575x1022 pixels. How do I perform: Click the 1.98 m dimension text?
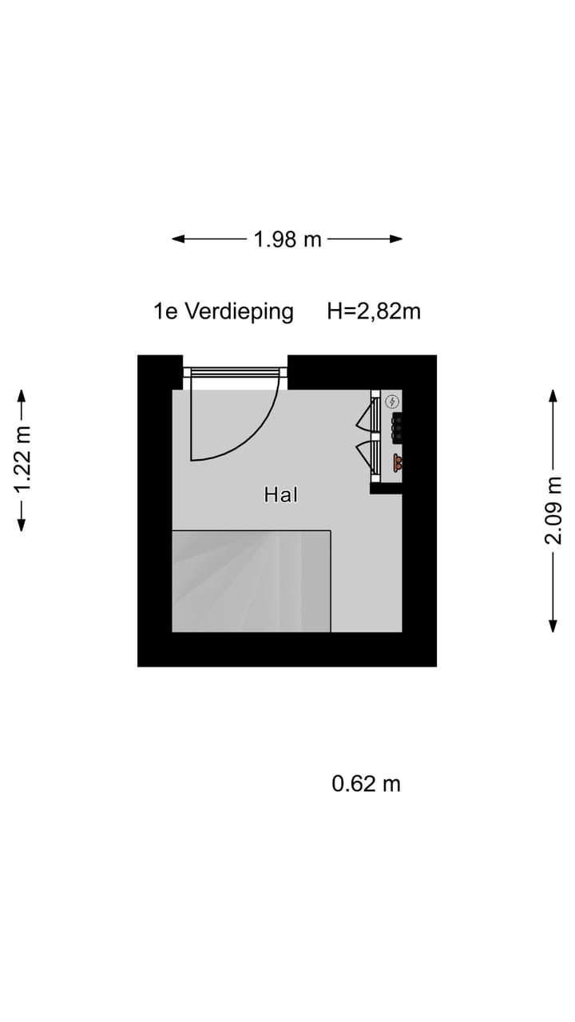pyautogui.click(x=287, y=239)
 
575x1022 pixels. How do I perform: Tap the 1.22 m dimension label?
pyautogui.click(x=22, y=460)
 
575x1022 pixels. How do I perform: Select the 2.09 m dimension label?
pyautogui.click(x=553, y=510)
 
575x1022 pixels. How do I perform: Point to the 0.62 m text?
pyautogui.click(x=366, y=784)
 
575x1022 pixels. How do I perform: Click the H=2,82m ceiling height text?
pyautogui.click(x=374, y=311)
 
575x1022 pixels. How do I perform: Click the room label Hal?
pyautogui.click(x=281, y=494)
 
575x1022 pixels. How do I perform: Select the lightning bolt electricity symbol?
pyautogui.click(x=392, y=402)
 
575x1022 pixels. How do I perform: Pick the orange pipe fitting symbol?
pyautogui.click(x=398, y=462)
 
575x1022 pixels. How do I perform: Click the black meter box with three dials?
pyautogui.click(x=397, y=428)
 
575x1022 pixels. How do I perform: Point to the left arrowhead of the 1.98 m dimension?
pyautogui.click(x=178, y=239)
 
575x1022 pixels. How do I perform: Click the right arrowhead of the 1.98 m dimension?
pyautogui.click(x=395, y=239)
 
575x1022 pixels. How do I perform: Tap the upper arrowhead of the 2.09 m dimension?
pyautogui.click(x=553, y=396)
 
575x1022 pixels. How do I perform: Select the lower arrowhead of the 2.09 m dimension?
pyautogui.click(x=553, y=625)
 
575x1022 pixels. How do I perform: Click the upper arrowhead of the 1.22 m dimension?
pyautogui.click(x=22, y=396)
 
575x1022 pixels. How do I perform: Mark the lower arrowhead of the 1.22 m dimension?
pyautogui.click(x=22, y=525)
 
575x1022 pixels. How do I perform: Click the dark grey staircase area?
pyautogui.click(x=251, y=581)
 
